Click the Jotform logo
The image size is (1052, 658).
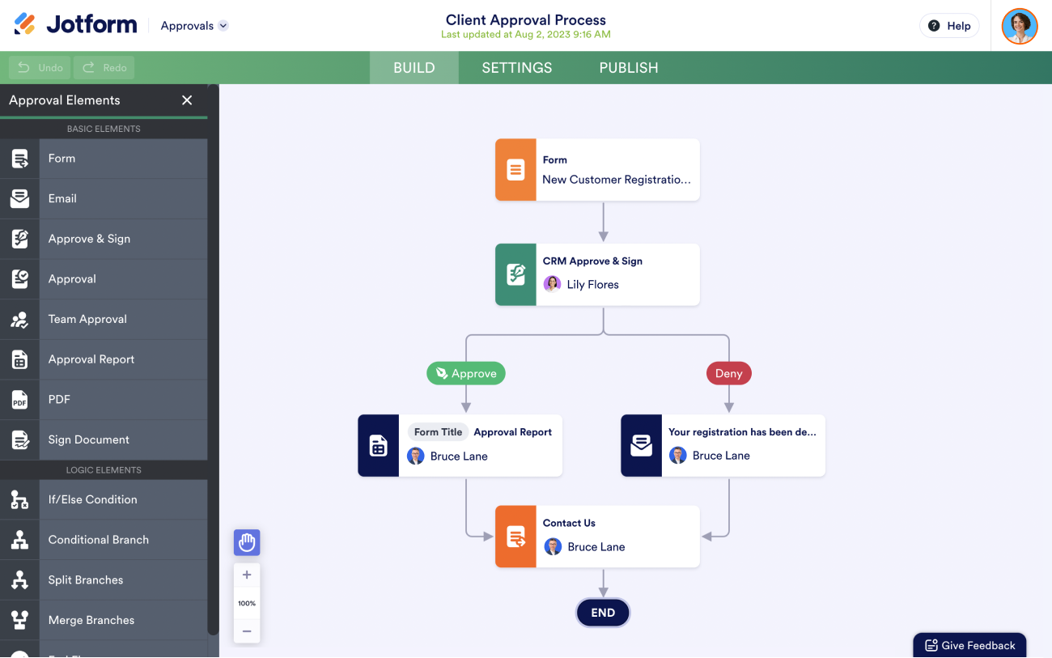[x=76, y=25]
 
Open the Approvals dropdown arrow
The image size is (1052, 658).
[x=223, y=26]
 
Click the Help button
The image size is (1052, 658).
[x=949, y=26]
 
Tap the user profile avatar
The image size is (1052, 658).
[x=1019, y=26]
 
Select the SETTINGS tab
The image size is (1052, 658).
[x=516, y=68]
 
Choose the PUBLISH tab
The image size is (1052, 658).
[x=628, y=68]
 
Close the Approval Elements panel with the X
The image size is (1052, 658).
[x=187, y=100]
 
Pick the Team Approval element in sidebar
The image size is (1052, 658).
[x=87, y=319]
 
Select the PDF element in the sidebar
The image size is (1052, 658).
[x=59, y=399]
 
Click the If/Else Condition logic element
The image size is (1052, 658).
[x=92, y=499]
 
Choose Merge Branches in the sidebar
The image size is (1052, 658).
[x=91, y=620]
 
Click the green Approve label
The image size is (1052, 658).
[x=465, y=373]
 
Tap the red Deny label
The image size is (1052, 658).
[x=728, y=373]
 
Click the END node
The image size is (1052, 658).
[x=603, y=613]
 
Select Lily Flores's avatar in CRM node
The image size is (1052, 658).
[x=552, y=284]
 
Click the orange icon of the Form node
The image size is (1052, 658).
[x=515, y=170]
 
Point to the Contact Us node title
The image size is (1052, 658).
[x=569, y=523]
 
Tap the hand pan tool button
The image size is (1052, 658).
[x=247, y=542]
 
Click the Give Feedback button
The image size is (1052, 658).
[x=969, y=645]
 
